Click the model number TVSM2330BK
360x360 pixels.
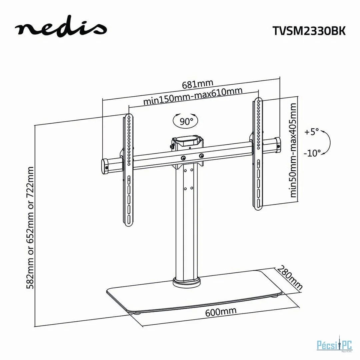[x=309, y=31]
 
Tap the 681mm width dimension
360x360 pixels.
[x=198, y=84]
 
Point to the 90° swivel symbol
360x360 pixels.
[x=186, y=121]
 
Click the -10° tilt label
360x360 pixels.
[x=312, y=153]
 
